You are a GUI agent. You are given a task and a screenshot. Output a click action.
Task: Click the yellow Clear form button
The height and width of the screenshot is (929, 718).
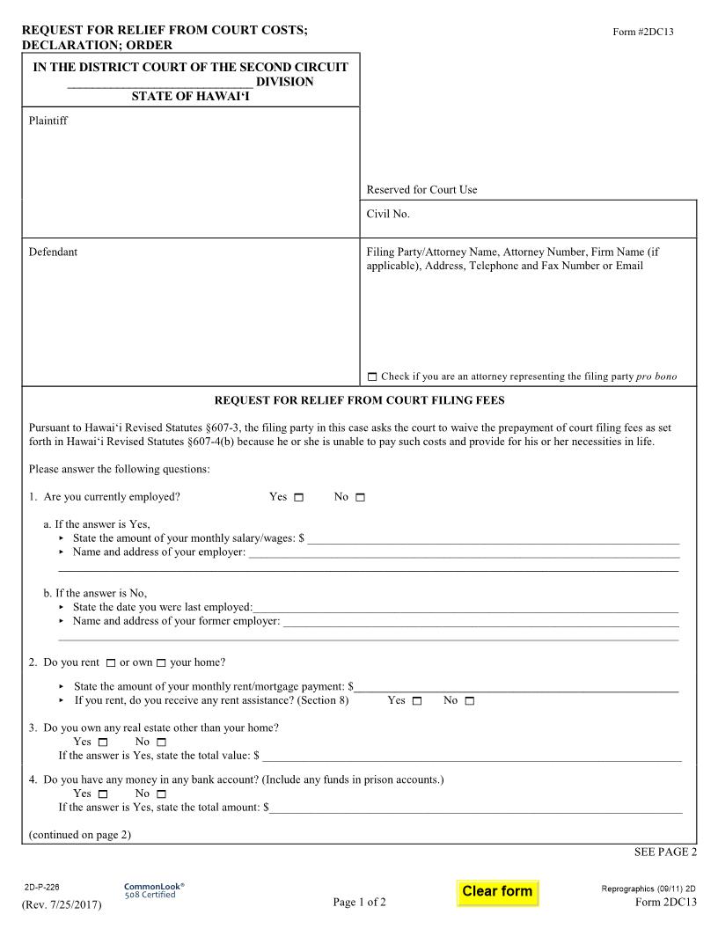click(497, 891)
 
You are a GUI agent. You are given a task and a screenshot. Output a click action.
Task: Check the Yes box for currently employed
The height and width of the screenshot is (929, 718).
click(298, 498)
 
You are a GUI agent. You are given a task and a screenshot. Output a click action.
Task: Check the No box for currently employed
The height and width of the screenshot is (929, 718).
click(360, 498)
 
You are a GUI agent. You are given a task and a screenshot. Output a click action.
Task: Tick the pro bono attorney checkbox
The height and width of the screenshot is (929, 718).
click(371, 377)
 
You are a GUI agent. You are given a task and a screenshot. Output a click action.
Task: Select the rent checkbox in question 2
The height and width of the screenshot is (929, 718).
click(111, 663)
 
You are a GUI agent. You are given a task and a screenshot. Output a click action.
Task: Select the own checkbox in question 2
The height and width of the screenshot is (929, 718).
click(161, 663)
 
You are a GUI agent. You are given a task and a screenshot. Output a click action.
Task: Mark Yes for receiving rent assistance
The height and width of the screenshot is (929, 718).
click(416, 701)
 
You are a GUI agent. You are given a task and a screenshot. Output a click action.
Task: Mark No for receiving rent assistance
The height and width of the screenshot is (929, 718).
click(469, 701)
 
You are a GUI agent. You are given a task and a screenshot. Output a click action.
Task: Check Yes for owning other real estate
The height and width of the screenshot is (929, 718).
click(102, 742)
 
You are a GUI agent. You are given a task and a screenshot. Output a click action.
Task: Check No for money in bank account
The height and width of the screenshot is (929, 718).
click(161, 794)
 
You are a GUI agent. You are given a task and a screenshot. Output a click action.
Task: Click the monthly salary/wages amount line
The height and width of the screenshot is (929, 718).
click(493, 538)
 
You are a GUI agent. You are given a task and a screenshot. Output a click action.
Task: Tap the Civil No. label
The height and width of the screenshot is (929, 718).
click(388, 214)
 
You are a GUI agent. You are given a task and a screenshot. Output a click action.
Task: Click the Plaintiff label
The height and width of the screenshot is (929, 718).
click(48, 121)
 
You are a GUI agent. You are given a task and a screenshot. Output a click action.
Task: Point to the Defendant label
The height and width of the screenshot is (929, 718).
click(53, 252)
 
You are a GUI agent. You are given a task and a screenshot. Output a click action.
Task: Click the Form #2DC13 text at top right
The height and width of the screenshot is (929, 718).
click(643, 33)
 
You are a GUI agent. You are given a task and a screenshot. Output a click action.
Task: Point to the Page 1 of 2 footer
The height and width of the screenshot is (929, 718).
click(359, 902)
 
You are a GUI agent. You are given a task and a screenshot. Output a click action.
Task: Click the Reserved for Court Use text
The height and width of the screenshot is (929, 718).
click(421, 190)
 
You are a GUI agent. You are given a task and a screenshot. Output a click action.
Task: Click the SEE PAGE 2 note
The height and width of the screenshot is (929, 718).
click(665, 852)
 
